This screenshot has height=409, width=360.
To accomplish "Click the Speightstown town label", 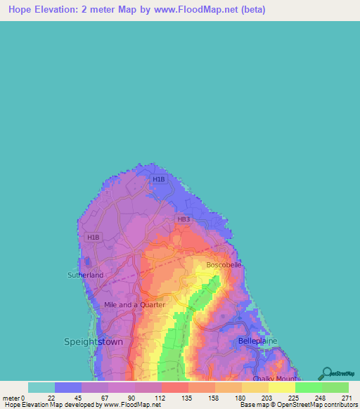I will (94, 342).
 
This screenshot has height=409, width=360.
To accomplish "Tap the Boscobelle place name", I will (224, 265).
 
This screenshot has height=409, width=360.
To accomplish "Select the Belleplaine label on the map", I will (257, 340).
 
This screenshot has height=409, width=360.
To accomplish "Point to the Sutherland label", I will (85, 275).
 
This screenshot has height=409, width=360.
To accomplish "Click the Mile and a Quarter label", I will (134, 304).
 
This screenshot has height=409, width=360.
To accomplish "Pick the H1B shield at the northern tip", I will (159, 179).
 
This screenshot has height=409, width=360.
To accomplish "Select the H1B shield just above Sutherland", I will (94, 238).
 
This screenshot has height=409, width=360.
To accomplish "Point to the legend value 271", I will (347, 398).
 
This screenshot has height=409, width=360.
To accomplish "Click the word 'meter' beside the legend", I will (11, 398).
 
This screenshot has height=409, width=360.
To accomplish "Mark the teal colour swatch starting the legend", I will (41, 387).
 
